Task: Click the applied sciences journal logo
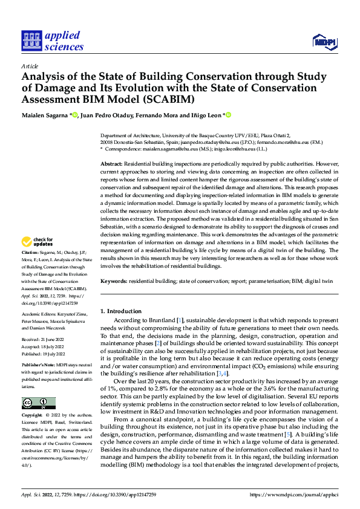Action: (x=52, y=41)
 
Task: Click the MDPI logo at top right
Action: (x=324, y=41)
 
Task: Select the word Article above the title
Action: (x=30, y=65)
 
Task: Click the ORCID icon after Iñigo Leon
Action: (x=229, y=114)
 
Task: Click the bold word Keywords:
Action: (x=114, y=281)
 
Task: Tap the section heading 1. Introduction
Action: (x=121, y=311)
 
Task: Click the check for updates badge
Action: (x=38, y=242)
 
